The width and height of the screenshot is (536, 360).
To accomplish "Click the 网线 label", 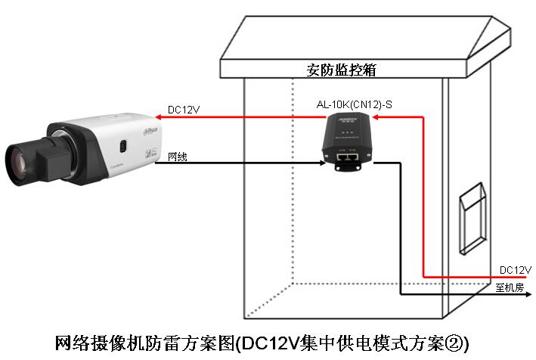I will coord(177,157).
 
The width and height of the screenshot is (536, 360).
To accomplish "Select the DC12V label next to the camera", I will coord(184,110).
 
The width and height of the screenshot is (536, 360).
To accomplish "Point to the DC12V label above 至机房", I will coord(516,270).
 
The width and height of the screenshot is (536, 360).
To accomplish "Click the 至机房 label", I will coord(510,287).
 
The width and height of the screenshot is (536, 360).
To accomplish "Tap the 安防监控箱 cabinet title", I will coord(342,70).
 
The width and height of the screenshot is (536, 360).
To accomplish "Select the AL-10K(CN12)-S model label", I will coord(354,104).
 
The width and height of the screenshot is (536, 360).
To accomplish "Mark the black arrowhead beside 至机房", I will coord(485,296).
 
